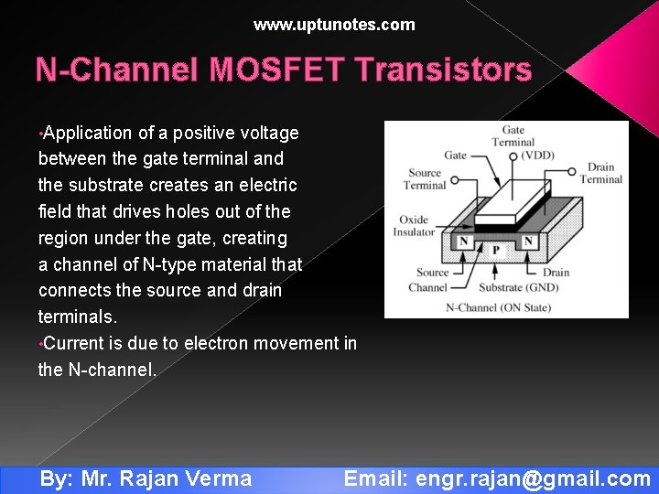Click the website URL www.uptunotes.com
[334, 25]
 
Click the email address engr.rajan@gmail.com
[533, 478]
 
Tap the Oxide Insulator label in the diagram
[416, 226]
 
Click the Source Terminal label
[424, 179]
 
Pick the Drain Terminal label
[600, 173]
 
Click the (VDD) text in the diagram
[537, 156]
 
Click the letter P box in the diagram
[495, 249]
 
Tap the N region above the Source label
[464, 242]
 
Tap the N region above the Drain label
[528, 242]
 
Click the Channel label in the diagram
[427, 287]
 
